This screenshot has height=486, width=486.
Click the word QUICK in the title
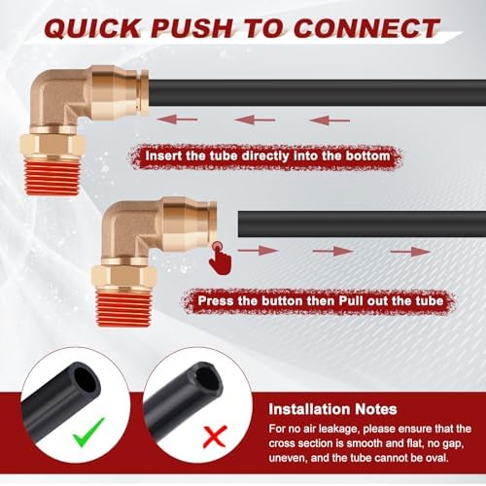[x=93, y=28]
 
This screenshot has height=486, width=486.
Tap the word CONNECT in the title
[x=366, y=28]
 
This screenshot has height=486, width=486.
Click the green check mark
[x=88, y=432]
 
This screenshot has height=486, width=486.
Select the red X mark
[x=215, y=436]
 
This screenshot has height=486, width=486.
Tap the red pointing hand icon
[x=221, y=259]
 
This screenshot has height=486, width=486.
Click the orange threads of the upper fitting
[x=52, y=178]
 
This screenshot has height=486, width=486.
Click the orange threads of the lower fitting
[x=124, y=307]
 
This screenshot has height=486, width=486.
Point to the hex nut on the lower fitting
[x=124, y=277]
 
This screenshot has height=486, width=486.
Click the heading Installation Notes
[x=332, y=409]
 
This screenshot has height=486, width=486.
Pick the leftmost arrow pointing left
[x=177, y=120]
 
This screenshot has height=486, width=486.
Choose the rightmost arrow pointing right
[x=410, y=251]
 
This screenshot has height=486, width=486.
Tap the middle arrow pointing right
[x=332, y=251]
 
